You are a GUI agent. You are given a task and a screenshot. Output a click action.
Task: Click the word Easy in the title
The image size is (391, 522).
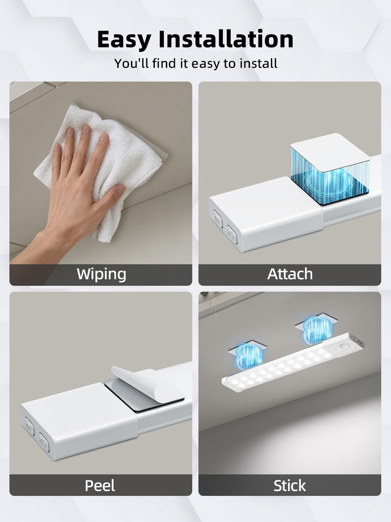124,40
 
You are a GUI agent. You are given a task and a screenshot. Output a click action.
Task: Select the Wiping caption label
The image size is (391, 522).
101,275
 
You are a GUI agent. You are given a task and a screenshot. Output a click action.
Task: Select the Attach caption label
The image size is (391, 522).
290,274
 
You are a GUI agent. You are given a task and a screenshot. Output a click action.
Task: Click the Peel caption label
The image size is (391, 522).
100,485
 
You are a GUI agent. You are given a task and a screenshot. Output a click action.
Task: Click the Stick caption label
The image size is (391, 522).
290,485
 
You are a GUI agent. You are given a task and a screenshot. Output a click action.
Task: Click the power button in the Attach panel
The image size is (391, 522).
218,218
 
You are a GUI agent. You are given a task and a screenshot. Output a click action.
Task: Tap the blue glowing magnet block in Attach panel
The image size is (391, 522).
330,169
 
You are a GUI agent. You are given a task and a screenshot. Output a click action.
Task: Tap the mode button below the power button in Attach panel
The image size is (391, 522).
232,234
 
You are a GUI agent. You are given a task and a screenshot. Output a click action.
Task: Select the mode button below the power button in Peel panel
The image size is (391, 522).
44,442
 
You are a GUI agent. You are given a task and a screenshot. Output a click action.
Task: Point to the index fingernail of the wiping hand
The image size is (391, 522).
70,132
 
